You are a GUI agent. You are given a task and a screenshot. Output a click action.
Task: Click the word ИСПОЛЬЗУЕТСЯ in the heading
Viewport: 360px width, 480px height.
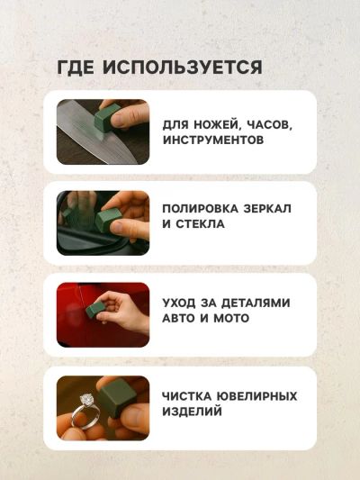coord(182,67)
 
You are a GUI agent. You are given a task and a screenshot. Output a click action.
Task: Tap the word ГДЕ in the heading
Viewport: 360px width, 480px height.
coord(76,67)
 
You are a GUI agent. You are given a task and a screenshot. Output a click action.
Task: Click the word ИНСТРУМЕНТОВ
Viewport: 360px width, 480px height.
coord(213,140)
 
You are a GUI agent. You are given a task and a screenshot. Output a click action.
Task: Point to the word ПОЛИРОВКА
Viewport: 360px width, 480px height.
coord(200,209)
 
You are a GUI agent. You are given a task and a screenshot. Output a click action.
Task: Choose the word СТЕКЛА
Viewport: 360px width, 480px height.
coord(200,223)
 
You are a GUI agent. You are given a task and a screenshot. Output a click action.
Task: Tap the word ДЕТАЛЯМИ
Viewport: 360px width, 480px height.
coord(256,303)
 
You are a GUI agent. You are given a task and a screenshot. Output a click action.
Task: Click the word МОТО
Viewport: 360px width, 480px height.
coord(231,318)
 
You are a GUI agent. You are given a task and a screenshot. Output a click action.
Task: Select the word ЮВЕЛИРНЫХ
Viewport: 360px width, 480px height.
coord(256,396)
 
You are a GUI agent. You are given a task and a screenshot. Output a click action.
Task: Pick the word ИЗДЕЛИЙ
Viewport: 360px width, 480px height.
coord(192,412)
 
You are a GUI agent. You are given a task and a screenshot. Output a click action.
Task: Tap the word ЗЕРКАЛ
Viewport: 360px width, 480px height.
coord(267,209)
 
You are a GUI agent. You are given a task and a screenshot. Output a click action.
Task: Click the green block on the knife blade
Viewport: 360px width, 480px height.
coord(106,119)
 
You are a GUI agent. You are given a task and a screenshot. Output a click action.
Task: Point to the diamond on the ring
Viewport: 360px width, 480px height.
coord(86,400)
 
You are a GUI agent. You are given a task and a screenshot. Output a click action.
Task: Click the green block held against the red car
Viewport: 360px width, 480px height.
coord(95,310)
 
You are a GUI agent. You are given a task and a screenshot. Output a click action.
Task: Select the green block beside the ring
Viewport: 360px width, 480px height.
coord(118,397)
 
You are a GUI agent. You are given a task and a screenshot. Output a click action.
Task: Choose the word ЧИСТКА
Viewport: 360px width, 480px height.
coord(186,396)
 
